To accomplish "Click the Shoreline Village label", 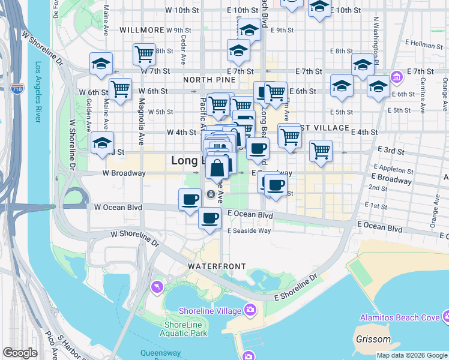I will [x=209, y=310].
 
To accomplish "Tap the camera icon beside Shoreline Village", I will [x=250, y=310].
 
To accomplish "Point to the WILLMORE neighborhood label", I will [x=142, y=29].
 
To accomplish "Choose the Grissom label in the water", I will [x=373, y=339].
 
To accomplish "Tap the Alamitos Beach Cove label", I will [x=399, y=317].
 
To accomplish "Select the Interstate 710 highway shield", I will [x=17, y=90].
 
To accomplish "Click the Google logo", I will [x=20, y=353].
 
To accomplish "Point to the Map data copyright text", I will [x=412, y=355].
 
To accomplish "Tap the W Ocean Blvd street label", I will [x=118, y=208].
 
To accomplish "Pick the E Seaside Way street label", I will [x=249, y=230].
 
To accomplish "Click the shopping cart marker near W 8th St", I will [x=144, y=54].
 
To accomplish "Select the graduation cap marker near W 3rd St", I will [x=102, y=143].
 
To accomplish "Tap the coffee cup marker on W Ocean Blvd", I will [x=190, y=199].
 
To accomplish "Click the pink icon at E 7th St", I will [x=396, y=77].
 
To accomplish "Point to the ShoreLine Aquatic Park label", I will [x=185, y=329].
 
